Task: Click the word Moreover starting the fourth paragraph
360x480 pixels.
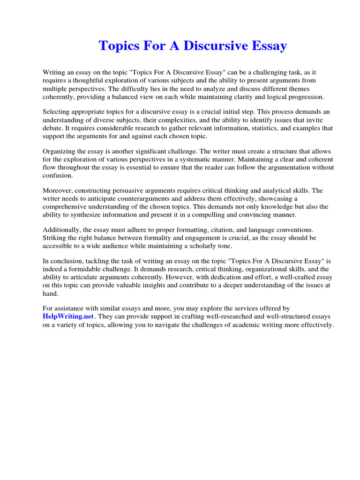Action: tap(58, 191)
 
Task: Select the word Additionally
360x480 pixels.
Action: tap(61, 230)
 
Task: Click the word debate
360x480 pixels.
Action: tap(55, 128)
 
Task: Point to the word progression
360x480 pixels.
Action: tap(307, 97)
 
